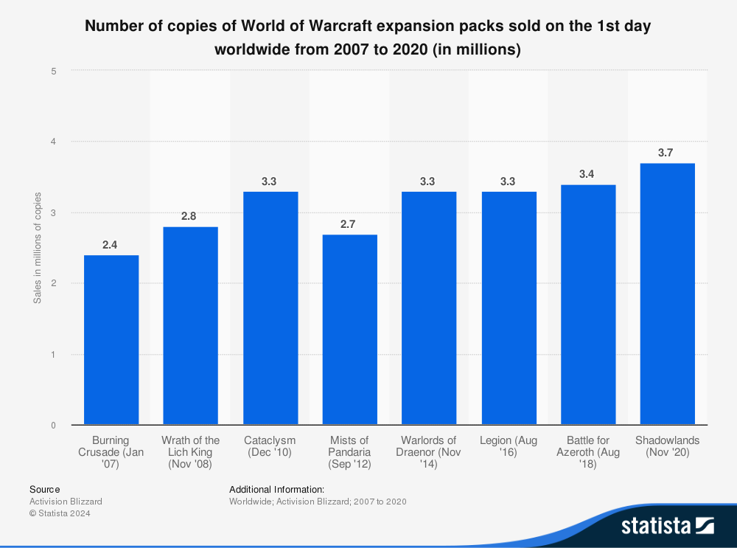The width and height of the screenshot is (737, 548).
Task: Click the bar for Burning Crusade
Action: pos(111,340)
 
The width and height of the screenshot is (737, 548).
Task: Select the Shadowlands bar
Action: pos(667,294)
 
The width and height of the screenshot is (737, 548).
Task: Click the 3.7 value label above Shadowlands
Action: pos(666,153)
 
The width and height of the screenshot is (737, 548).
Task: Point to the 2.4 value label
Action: pos(110,244)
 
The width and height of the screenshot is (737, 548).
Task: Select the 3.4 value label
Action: pos(587,174)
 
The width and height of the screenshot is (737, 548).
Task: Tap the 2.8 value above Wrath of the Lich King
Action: pos(189,216)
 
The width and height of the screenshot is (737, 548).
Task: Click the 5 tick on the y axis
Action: pos(54,71)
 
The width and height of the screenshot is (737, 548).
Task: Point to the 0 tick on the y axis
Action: pos(54,426)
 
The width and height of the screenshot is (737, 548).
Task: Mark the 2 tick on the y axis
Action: pos(54,284)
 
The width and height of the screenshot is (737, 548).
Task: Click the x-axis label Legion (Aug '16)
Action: pos(508,446)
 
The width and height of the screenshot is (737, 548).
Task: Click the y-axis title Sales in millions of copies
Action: pos(38,248)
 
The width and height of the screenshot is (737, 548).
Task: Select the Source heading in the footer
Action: pos(45,489)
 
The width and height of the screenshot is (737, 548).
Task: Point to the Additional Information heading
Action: pos(276,489)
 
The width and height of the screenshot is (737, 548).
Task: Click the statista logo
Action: pos(667,525)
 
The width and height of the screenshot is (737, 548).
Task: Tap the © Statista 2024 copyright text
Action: pos(60,513)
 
